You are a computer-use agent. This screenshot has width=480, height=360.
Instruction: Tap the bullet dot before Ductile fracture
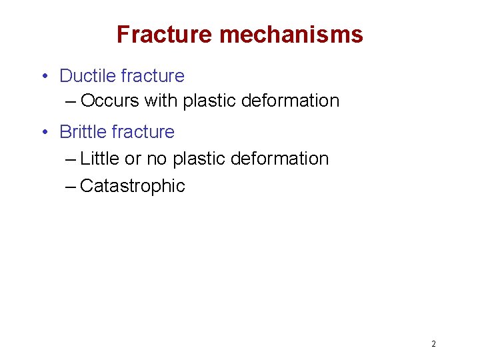[43, 76]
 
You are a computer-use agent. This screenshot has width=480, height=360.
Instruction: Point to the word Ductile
[87, 76]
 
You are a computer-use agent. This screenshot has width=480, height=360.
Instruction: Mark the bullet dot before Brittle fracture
[43, 132]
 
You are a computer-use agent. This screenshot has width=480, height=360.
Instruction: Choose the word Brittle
[85, 132]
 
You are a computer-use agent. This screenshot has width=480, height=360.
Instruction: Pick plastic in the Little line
[198, 159]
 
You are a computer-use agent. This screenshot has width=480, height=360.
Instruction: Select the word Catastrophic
[132, 186]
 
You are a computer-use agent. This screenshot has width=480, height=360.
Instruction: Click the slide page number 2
[433, 344]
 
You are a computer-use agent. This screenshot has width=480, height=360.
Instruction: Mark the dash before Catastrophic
[71, 186]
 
